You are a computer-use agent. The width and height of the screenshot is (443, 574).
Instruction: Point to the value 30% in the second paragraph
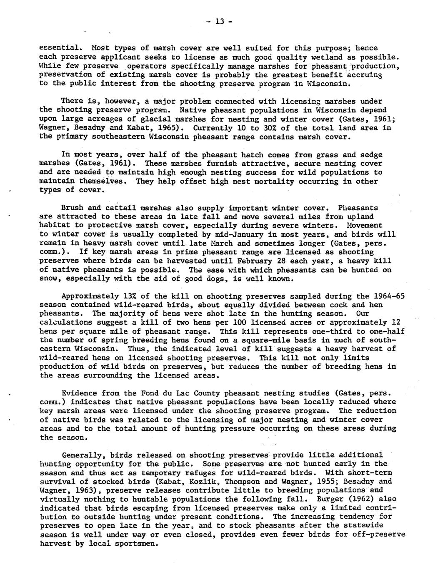248,128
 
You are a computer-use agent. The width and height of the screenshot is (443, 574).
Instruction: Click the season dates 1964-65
387,296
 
